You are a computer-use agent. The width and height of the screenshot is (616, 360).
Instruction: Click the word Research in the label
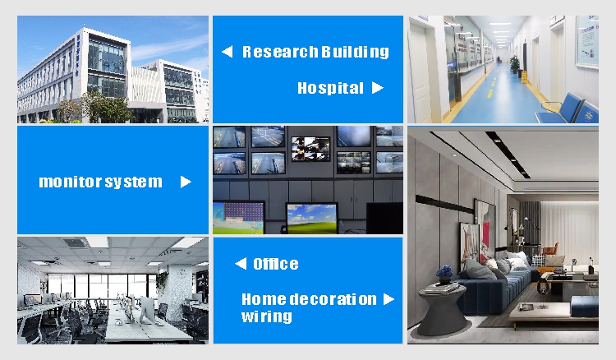coord(280,52)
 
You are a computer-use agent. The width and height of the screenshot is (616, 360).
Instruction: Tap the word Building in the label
coord(355,53)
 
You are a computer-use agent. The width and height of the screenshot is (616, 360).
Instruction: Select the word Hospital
coord(330,88)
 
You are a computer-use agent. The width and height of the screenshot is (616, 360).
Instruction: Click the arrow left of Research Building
coord(227,52)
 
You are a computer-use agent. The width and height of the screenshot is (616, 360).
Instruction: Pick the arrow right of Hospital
coord(378,88)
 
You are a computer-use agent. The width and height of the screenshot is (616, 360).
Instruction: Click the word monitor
coord(71,182)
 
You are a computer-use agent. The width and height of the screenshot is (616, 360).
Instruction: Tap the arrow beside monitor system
coord(186,182)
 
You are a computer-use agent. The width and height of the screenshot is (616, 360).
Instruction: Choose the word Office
coord(276,264)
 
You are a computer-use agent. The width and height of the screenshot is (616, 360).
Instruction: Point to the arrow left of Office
coord(241,263)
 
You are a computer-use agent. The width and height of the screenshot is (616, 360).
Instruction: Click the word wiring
coord(267,316)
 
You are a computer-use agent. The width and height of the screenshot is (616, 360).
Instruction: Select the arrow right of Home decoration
coord(388,299)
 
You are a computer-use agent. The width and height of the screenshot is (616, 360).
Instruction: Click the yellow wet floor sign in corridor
coord(524,76)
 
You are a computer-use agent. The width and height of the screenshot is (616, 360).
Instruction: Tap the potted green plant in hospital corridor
coord(514,63)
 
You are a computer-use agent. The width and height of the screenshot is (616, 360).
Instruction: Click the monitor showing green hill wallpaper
coord(311,218)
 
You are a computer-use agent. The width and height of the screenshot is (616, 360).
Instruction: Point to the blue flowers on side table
coord(444,271)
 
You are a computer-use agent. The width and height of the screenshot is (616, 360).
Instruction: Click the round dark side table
coord(444,311)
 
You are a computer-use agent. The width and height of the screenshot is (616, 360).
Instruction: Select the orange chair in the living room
coord(551,249)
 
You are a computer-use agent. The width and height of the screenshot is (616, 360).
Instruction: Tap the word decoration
coord(333,299)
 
